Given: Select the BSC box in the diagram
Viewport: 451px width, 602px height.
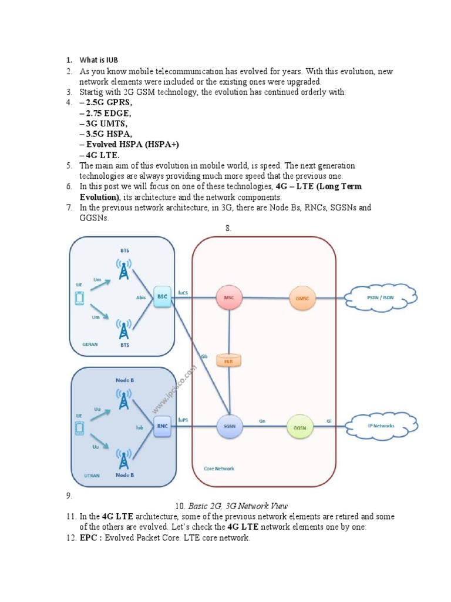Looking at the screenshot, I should click(x=161, y=297).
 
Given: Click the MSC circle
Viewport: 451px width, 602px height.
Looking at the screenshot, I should click(x=229, y=297).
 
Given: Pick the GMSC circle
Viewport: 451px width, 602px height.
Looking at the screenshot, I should click(x=302, y=297).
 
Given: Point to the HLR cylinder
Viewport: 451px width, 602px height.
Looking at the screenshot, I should click(x=229, y=360).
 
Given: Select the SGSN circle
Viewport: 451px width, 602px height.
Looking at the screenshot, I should click(x=229, y=427).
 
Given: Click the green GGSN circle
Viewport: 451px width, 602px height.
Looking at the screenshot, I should click(x=299, y=427).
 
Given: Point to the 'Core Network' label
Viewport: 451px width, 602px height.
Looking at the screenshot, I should click(x=219, y=469).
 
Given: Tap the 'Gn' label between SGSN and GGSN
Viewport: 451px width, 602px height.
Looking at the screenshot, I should click(x=264, y=420).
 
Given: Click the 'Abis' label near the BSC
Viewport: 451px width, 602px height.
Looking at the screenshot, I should click(x=141, y=297).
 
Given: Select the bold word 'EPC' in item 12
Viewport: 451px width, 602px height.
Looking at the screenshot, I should click(x=88, y=538).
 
